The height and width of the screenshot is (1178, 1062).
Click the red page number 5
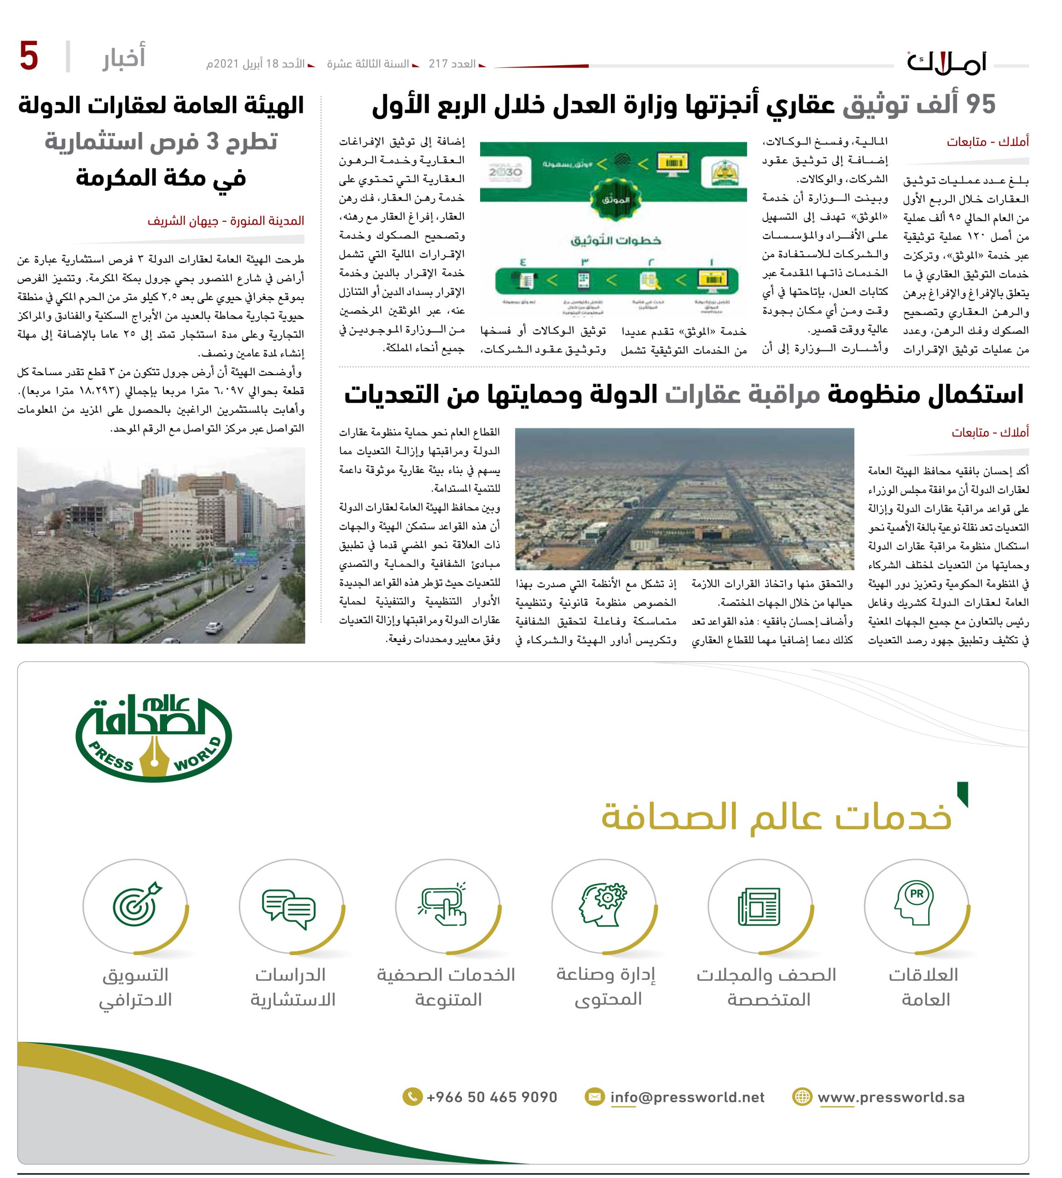click(x=29, y=57)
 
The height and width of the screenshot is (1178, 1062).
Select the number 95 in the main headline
click(x=981, y=105)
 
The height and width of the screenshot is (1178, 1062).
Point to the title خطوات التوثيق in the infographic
click(x=615, y=240)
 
